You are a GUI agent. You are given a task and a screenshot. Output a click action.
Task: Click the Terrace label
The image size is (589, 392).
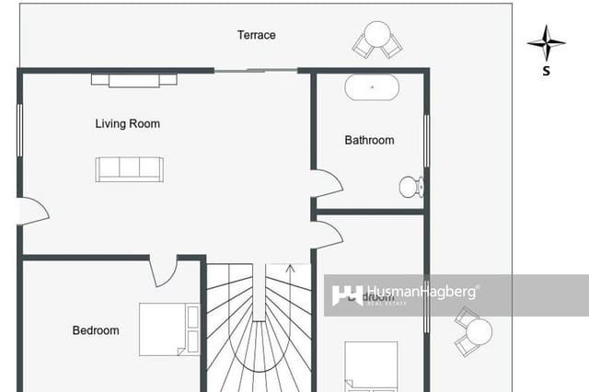pyautogui.click(x=256, y=35)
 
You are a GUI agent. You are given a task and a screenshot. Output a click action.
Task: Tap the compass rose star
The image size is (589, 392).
pyautogui.click(x=547, y=42)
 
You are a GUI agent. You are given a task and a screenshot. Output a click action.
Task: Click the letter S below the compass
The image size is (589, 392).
pyautogui.click(x=547, y=70)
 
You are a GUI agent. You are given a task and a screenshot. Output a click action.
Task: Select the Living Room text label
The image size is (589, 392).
pyautogui.click(x=128, y=123)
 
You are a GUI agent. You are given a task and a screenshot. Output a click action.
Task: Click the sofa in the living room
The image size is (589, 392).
pyautogui.click(x=130, y=168)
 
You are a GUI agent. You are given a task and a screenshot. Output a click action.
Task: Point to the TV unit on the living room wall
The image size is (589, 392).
pyautogui.click(x=134, y=80)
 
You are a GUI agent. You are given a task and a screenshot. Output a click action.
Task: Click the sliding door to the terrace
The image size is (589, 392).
pyautogui.click(x=256, y=70)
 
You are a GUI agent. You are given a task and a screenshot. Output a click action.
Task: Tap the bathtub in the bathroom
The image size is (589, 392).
pyautogui.click(x=372, y=88)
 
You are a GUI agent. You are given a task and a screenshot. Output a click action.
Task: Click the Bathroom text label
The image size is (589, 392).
pyautogui.click(x=369, y=140)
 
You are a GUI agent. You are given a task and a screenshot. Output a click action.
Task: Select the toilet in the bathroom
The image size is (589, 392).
pyautogui.click(x=410, y=187)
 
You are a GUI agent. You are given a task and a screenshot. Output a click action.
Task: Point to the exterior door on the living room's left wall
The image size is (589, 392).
pyautogui.click(x=31, y=212)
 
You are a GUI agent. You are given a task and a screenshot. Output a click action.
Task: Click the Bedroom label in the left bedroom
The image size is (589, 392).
pyautogui.click(x=96, y=330)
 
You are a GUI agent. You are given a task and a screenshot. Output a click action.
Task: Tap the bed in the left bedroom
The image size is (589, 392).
pyautogui.click(x=169, y=329)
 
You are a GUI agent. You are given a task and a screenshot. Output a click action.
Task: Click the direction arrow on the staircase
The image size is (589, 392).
pyautogui.click(x=291, y=272)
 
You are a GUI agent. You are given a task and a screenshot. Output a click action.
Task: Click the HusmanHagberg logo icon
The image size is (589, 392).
pyautogui.click(x=347, y=294)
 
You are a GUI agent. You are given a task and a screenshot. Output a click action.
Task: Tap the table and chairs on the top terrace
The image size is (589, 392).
pyautogui.click(x=377, y=40)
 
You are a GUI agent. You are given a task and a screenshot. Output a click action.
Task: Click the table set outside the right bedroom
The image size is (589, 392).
pyautogui.click(x=475, y=331)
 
